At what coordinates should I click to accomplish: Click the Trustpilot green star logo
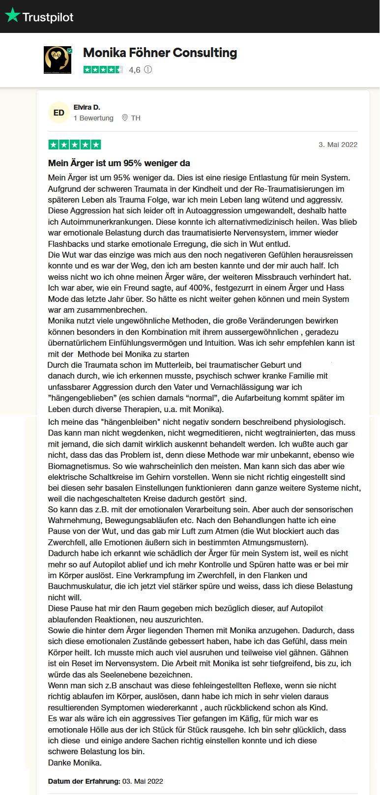click(12, 16)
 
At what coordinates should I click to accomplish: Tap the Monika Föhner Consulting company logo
click(58, 60)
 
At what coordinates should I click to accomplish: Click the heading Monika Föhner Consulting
click(160, 53)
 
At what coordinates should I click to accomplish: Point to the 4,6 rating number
click(135, 70)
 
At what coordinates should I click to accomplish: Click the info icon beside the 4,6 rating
click(148, 69)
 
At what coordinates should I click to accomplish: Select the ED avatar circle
click(59, 113)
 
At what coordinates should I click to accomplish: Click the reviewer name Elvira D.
click(87, 107)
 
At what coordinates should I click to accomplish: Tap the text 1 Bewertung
click(93, 118)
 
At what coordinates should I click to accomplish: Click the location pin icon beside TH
click(125, 118)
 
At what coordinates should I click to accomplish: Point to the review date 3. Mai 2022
click(338, 145)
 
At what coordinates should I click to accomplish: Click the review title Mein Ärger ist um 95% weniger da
click(119, 163)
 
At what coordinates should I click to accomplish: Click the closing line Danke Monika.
click(75, 763)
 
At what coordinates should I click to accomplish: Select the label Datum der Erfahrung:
click(84, 781)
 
